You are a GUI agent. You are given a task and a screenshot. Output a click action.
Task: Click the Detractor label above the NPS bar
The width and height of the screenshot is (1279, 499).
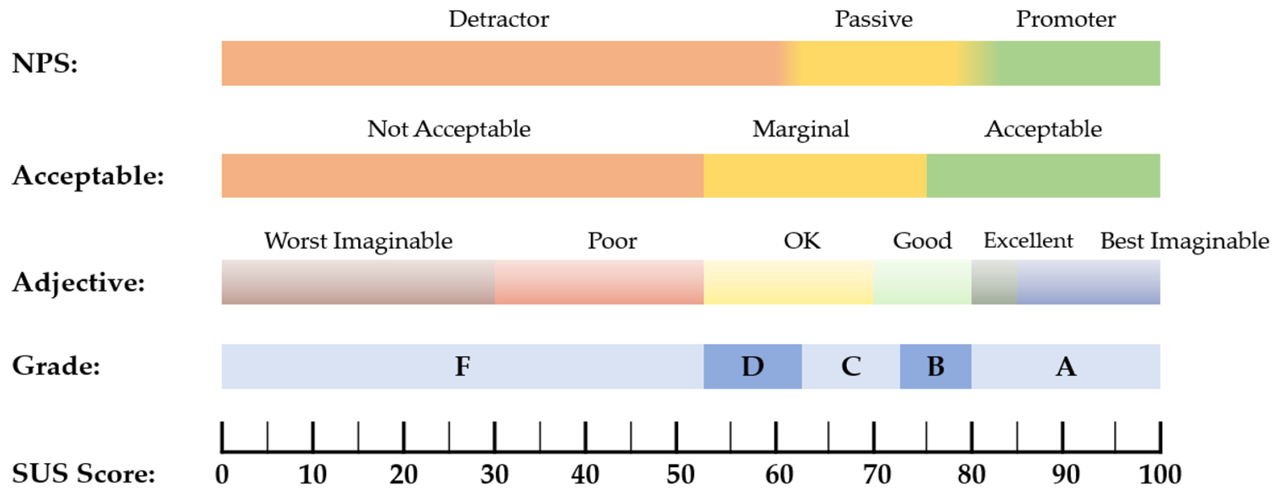click(498, 19)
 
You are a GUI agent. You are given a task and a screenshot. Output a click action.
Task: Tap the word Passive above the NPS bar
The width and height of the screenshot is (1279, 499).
click(873, 19)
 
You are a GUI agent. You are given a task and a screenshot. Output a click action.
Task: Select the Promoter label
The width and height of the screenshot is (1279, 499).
click(1065, 19)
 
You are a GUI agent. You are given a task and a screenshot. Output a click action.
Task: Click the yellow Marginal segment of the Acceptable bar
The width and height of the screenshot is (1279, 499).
click(814, 176)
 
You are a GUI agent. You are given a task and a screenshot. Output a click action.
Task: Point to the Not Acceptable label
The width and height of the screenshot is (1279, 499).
click(449, 129)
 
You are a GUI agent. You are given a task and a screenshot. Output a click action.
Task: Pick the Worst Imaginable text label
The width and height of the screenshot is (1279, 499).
click(358, 241)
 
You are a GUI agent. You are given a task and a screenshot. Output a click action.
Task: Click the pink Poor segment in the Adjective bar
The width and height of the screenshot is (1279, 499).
click(599, 282)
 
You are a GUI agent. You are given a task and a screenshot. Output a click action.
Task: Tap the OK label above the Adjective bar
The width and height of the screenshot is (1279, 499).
click(802, 241)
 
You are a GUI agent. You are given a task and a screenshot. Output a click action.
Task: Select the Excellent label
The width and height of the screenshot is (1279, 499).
click(1028, 241)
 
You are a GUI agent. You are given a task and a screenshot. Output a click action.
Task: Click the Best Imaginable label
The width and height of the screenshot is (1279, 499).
click(1185, 241)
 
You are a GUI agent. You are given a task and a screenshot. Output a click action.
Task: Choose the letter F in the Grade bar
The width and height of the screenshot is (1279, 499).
click(463, 367)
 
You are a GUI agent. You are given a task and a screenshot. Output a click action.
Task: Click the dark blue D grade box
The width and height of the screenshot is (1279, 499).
click(752, 367)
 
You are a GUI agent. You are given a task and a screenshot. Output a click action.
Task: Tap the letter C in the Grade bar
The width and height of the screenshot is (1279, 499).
click(851, 367)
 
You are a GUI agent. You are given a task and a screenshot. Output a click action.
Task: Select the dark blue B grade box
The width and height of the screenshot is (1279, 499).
click(935, 367)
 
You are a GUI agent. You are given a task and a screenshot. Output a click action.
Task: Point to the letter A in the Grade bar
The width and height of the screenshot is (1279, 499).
click(1065, 367)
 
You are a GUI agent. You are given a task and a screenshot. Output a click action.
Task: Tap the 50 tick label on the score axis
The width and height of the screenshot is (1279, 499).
click(680, 475)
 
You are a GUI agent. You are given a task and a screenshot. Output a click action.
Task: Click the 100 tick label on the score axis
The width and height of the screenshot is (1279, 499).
click(1160, 475)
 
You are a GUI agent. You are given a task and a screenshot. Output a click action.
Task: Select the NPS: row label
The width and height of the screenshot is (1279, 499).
click(45, 64)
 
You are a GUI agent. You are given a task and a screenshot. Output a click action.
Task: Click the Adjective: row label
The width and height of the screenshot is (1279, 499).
click(79, 283)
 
